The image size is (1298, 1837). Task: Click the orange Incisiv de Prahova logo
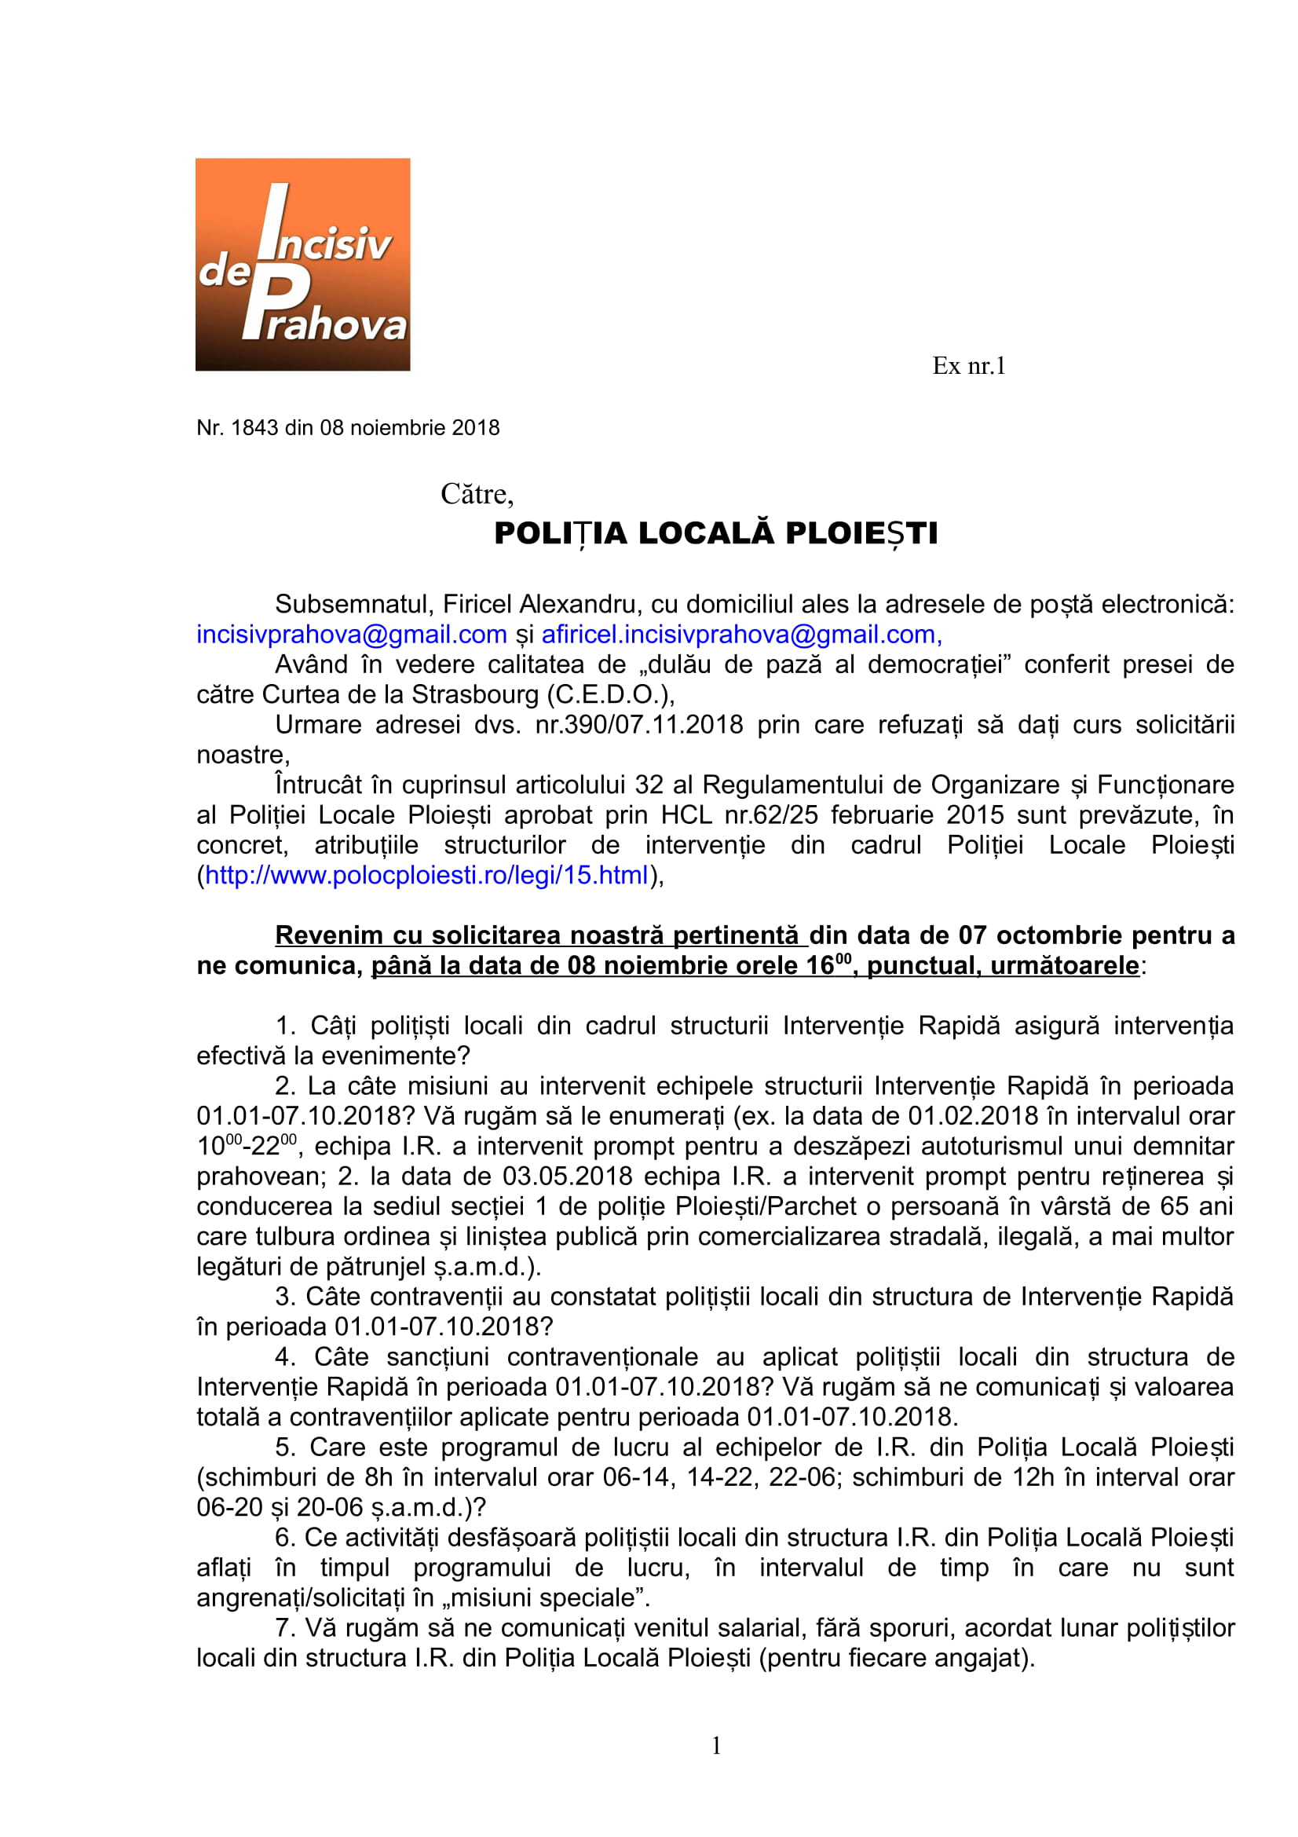(302, 264)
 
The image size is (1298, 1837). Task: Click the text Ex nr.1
(967, 366)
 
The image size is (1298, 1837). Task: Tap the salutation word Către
(477, 494)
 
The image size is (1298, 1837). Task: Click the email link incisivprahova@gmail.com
(352, 635)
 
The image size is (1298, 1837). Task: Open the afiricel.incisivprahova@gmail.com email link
(741, 635)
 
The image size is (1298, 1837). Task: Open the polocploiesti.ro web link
(426, 875)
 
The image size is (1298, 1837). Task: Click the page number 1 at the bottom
(717, 1746)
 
